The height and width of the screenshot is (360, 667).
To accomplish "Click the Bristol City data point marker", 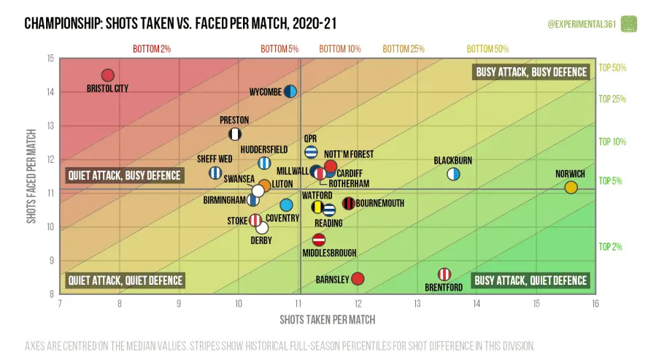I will [x=108, y=75].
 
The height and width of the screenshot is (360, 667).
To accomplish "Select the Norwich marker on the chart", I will [x=571, y=188].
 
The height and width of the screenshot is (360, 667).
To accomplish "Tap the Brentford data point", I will [x=444, y=274].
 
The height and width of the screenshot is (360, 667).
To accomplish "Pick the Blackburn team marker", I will [x=453, y=174].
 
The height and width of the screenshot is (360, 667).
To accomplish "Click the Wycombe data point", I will [x=290, y=91].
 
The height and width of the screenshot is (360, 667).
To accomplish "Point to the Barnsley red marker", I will [x=358, y=278].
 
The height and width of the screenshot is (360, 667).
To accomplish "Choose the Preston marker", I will [x=235, y=134].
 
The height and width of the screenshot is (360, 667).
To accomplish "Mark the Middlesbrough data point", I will [x=319, y=240].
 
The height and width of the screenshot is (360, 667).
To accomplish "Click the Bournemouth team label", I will [x=379, y=203].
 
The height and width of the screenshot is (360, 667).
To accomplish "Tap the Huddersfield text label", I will [x=263, y=149].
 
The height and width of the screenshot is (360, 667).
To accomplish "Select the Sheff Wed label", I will [x=215, y=158].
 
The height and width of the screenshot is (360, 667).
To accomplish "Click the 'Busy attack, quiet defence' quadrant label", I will [x=531, y=280].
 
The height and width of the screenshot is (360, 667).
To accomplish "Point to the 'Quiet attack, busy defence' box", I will [x=124, y=175].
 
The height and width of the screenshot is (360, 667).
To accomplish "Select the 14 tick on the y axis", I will [x=50, y=92].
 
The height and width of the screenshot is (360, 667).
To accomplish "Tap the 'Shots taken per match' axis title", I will [x=327, y=320].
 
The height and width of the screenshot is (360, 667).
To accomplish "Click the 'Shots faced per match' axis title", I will [x=32, y=176].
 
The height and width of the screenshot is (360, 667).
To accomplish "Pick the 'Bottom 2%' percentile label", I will [x=151, y=49].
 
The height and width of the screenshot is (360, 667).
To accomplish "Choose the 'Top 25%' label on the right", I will [x=612, y=99].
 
